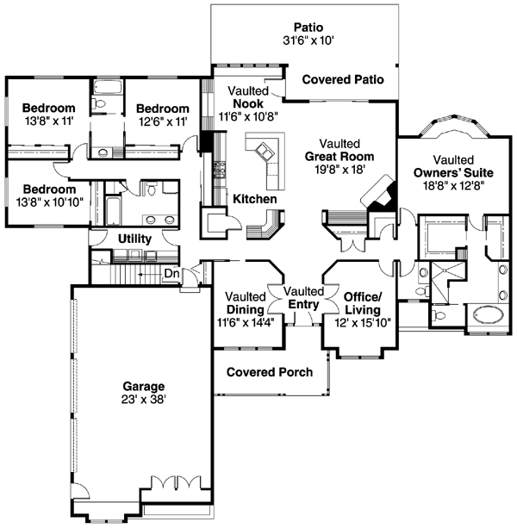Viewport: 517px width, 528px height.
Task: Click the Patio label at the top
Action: point(308,27)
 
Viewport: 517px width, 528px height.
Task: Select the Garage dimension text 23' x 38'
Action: point(142,400)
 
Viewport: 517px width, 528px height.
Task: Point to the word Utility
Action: point(134,239)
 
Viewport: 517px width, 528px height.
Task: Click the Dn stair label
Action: point(172,273)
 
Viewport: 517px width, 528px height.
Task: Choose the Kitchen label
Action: point(254,199)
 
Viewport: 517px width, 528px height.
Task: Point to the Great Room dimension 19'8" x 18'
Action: point(346,171)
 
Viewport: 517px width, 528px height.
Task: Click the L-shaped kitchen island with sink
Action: point(270,159)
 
